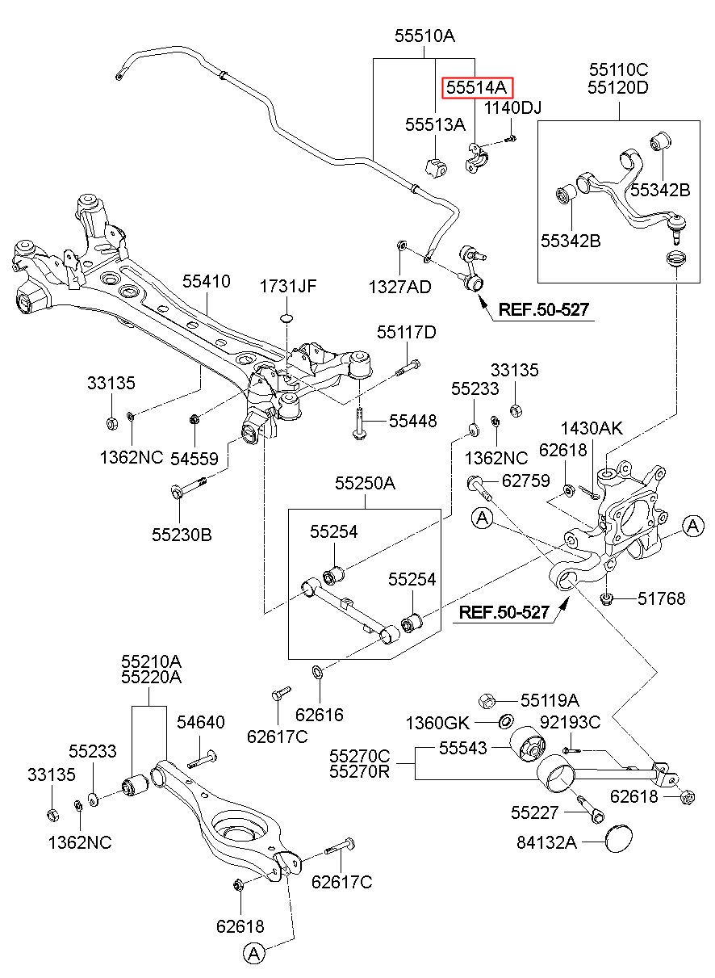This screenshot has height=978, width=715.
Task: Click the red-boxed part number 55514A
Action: (x=476, y=88)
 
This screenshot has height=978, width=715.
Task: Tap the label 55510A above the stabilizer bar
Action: (x=424, y=36)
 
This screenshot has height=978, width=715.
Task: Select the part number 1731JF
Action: (x=288, y=287)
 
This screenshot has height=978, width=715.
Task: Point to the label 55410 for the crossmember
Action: (x=206, y=281)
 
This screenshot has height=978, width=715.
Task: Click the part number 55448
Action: (x=412, y=421)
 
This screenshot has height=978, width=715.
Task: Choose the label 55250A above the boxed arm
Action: (x=365, y=483)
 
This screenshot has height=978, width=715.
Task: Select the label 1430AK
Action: (x=592, y=428)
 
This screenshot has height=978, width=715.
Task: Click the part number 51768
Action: (x=662, y=598)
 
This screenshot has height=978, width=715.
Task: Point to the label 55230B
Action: (x=182, y=535)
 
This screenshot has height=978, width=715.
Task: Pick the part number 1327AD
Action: (x=400, y=287)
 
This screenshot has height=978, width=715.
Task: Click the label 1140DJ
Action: (x=513, y=108)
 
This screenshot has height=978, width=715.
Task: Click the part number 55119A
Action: (x=550, y=701)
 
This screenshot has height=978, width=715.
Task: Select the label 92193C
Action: (x=571, y=722)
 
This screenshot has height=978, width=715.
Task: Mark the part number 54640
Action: (x=201, y=722)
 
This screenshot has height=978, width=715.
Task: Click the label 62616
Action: (x=320, y=715)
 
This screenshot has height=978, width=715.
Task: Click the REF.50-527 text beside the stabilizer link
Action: (x=544, y=309)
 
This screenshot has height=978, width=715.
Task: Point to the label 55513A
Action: (x=435, y=125)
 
